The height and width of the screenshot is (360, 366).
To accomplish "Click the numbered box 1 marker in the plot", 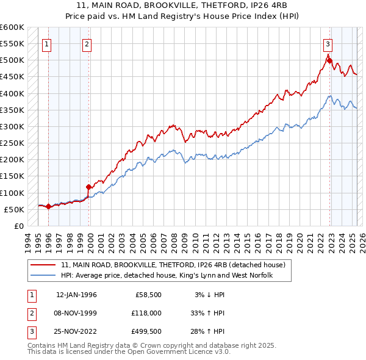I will click(47, 44).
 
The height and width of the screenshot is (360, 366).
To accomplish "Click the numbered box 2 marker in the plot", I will click(87, 44).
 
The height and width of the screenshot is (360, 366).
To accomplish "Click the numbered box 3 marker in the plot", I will click(328, 44).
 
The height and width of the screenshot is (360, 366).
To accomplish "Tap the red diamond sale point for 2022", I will click(329, 60).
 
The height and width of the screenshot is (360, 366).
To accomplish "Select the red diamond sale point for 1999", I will click(89, 187).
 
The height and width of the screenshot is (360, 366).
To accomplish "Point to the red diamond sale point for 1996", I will click(48, 207).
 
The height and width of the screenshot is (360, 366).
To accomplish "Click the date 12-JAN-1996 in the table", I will click(76, 295).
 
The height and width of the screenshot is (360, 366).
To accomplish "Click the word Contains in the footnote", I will click(42, 345).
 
